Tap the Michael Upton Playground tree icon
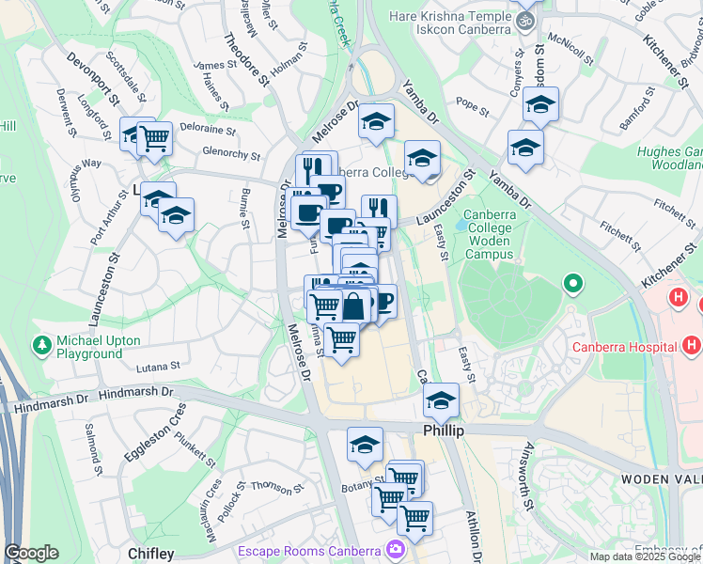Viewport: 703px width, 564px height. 41,346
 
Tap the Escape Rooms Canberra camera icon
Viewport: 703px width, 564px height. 397,549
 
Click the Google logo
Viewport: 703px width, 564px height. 31,553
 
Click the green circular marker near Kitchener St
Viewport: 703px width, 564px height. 570,283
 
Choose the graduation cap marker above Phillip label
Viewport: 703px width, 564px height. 440,399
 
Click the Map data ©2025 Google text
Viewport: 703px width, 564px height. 646,556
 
